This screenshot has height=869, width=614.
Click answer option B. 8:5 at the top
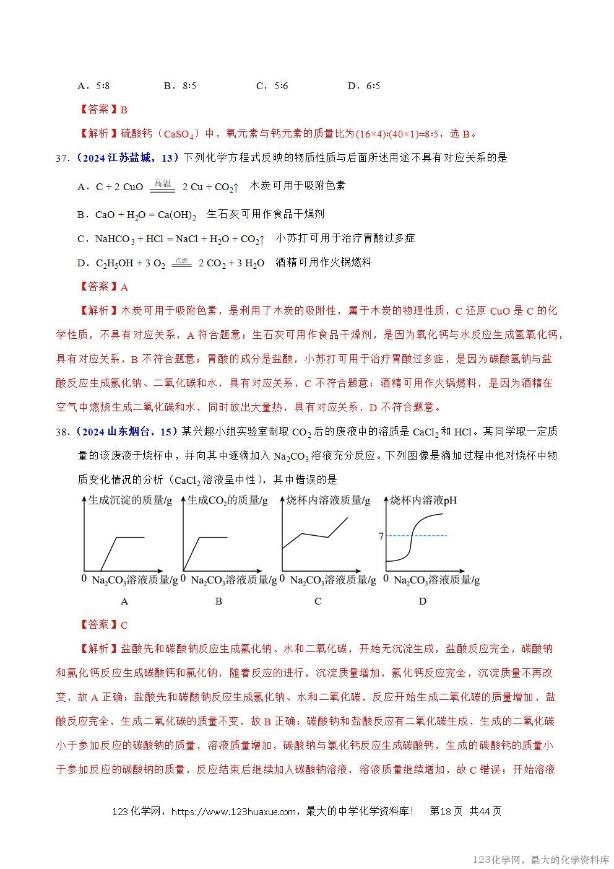click(179, 86)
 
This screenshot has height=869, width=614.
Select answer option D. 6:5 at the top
click(364, 86)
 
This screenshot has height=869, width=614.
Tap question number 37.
click(63, 158)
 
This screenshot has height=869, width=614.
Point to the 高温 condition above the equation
click(162, 183)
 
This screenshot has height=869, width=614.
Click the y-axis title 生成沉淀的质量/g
click(130, 500)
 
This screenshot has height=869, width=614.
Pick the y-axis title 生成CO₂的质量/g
click(228, 500)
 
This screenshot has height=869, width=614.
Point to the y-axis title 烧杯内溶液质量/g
click(328, 500)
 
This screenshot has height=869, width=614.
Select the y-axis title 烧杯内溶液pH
click(423, 500)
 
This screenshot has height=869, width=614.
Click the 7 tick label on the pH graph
click(381, 536)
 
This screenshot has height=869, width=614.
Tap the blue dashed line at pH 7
click(427, 535)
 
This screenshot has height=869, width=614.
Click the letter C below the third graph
click(318, 601)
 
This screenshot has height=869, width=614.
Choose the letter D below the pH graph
click(423, 601)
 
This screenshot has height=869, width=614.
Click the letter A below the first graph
click(124, 601)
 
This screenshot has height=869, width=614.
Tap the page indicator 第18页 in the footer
click(446, 811)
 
